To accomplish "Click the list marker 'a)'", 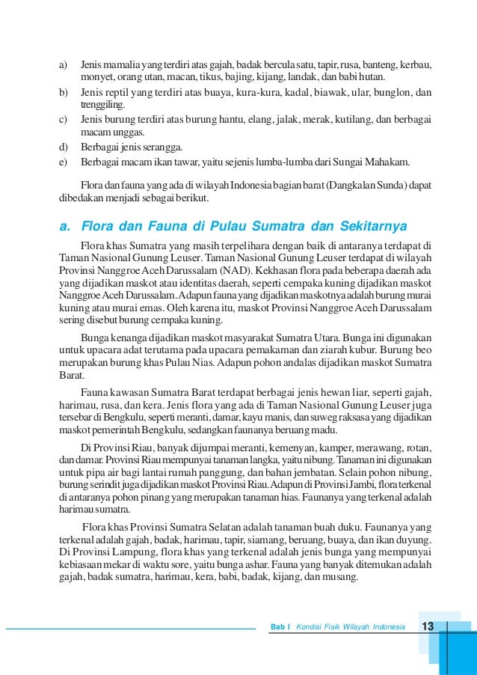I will pyautogui.click(x=64, y=65).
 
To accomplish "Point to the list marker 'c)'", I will pyautogui.click(x=64, y=119).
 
